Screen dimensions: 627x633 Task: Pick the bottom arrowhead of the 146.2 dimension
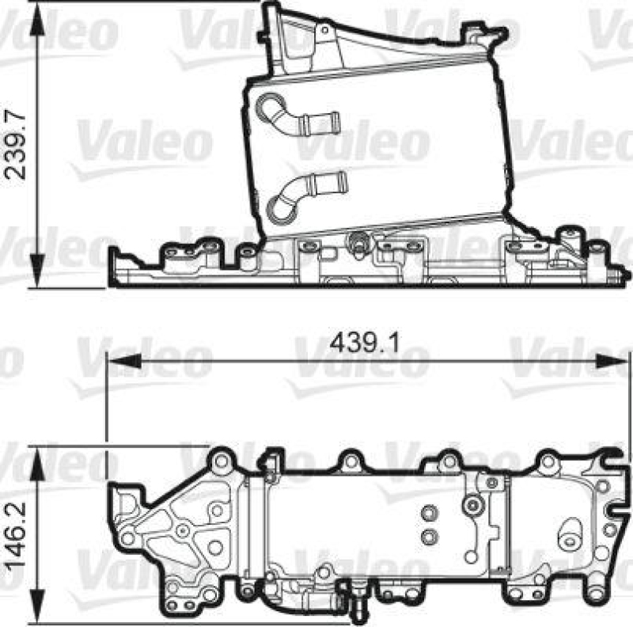point(36,605)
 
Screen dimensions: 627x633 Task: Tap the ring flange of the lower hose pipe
point(279,207)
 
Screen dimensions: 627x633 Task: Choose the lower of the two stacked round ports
point(428,538)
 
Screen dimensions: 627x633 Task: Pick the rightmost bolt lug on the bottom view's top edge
point(548,460)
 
